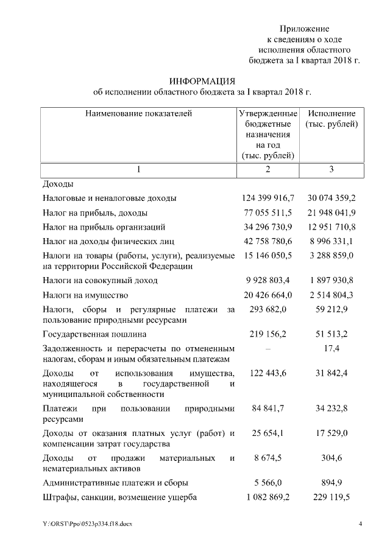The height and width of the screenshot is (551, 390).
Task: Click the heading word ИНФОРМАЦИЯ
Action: point(202,81)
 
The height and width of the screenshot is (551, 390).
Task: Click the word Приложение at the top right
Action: point(304,29)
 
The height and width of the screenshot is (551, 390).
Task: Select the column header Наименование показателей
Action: point(138,114)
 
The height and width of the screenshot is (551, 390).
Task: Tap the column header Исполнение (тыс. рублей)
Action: point(331,119)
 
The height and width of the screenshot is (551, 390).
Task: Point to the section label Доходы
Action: point(58,183)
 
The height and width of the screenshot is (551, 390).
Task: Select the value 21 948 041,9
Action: point(331,213)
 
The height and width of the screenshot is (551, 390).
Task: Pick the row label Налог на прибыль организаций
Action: point(104,228)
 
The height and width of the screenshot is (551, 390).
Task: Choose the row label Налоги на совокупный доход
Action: point(100,281)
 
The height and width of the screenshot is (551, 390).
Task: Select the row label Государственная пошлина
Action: point(94,334)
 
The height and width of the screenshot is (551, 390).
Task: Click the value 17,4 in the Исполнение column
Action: point(332,349)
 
